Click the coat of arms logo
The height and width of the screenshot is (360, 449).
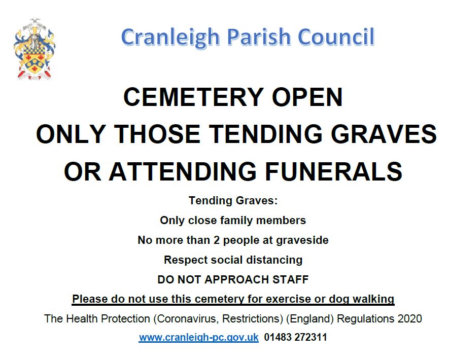[x=34, y=49]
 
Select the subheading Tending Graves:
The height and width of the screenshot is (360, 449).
[x=233, y=200]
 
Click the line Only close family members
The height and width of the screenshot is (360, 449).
[x=233, y=221]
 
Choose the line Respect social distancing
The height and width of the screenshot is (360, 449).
[x=233, y=260]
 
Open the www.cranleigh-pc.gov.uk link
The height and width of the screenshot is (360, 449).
[x=199, y=337]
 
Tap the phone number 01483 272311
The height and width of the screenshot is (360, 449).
[x=296, y=337]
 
